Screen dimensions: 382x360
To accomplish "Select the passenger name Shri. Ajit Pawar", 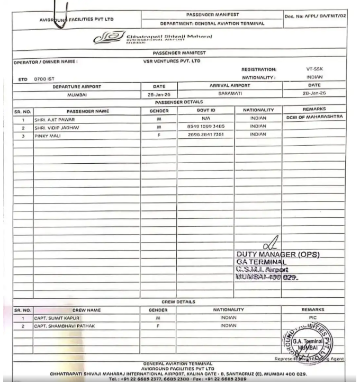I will tap(52, 120).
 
